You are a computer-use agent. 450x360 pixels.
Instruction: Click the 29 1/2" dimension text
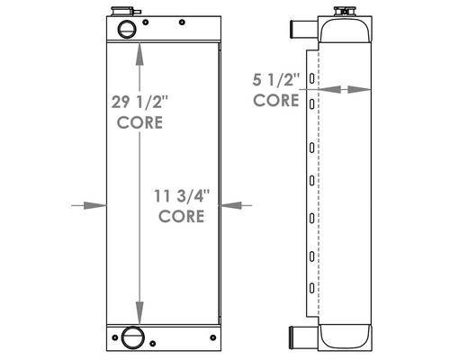click(140, 102)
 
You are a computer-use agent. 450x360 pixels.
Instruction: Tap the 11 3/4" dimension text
click(182, 196)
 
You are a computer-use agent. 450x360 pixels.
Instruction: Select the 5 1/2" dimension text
click(276, 79)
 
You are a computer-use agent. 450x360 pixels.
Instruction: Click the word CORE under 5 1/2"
click(276, 100)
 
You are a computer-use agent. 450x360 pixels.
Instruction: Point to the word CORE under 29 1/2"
click(139, 122)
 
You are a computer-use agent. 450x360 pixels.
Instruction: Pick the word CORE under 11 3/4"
click(182, 216)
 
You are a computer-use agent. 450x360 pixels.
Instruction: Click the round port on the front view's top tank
click(127, 29)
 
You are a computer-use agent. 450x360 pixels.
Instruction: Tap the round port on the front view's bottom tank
click(132, 337)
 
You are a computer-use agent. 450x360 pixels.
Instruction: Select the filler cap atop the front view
click(124, 12)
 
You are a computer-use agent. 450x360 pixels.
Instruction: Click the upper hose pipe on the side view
click(303, 29)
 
